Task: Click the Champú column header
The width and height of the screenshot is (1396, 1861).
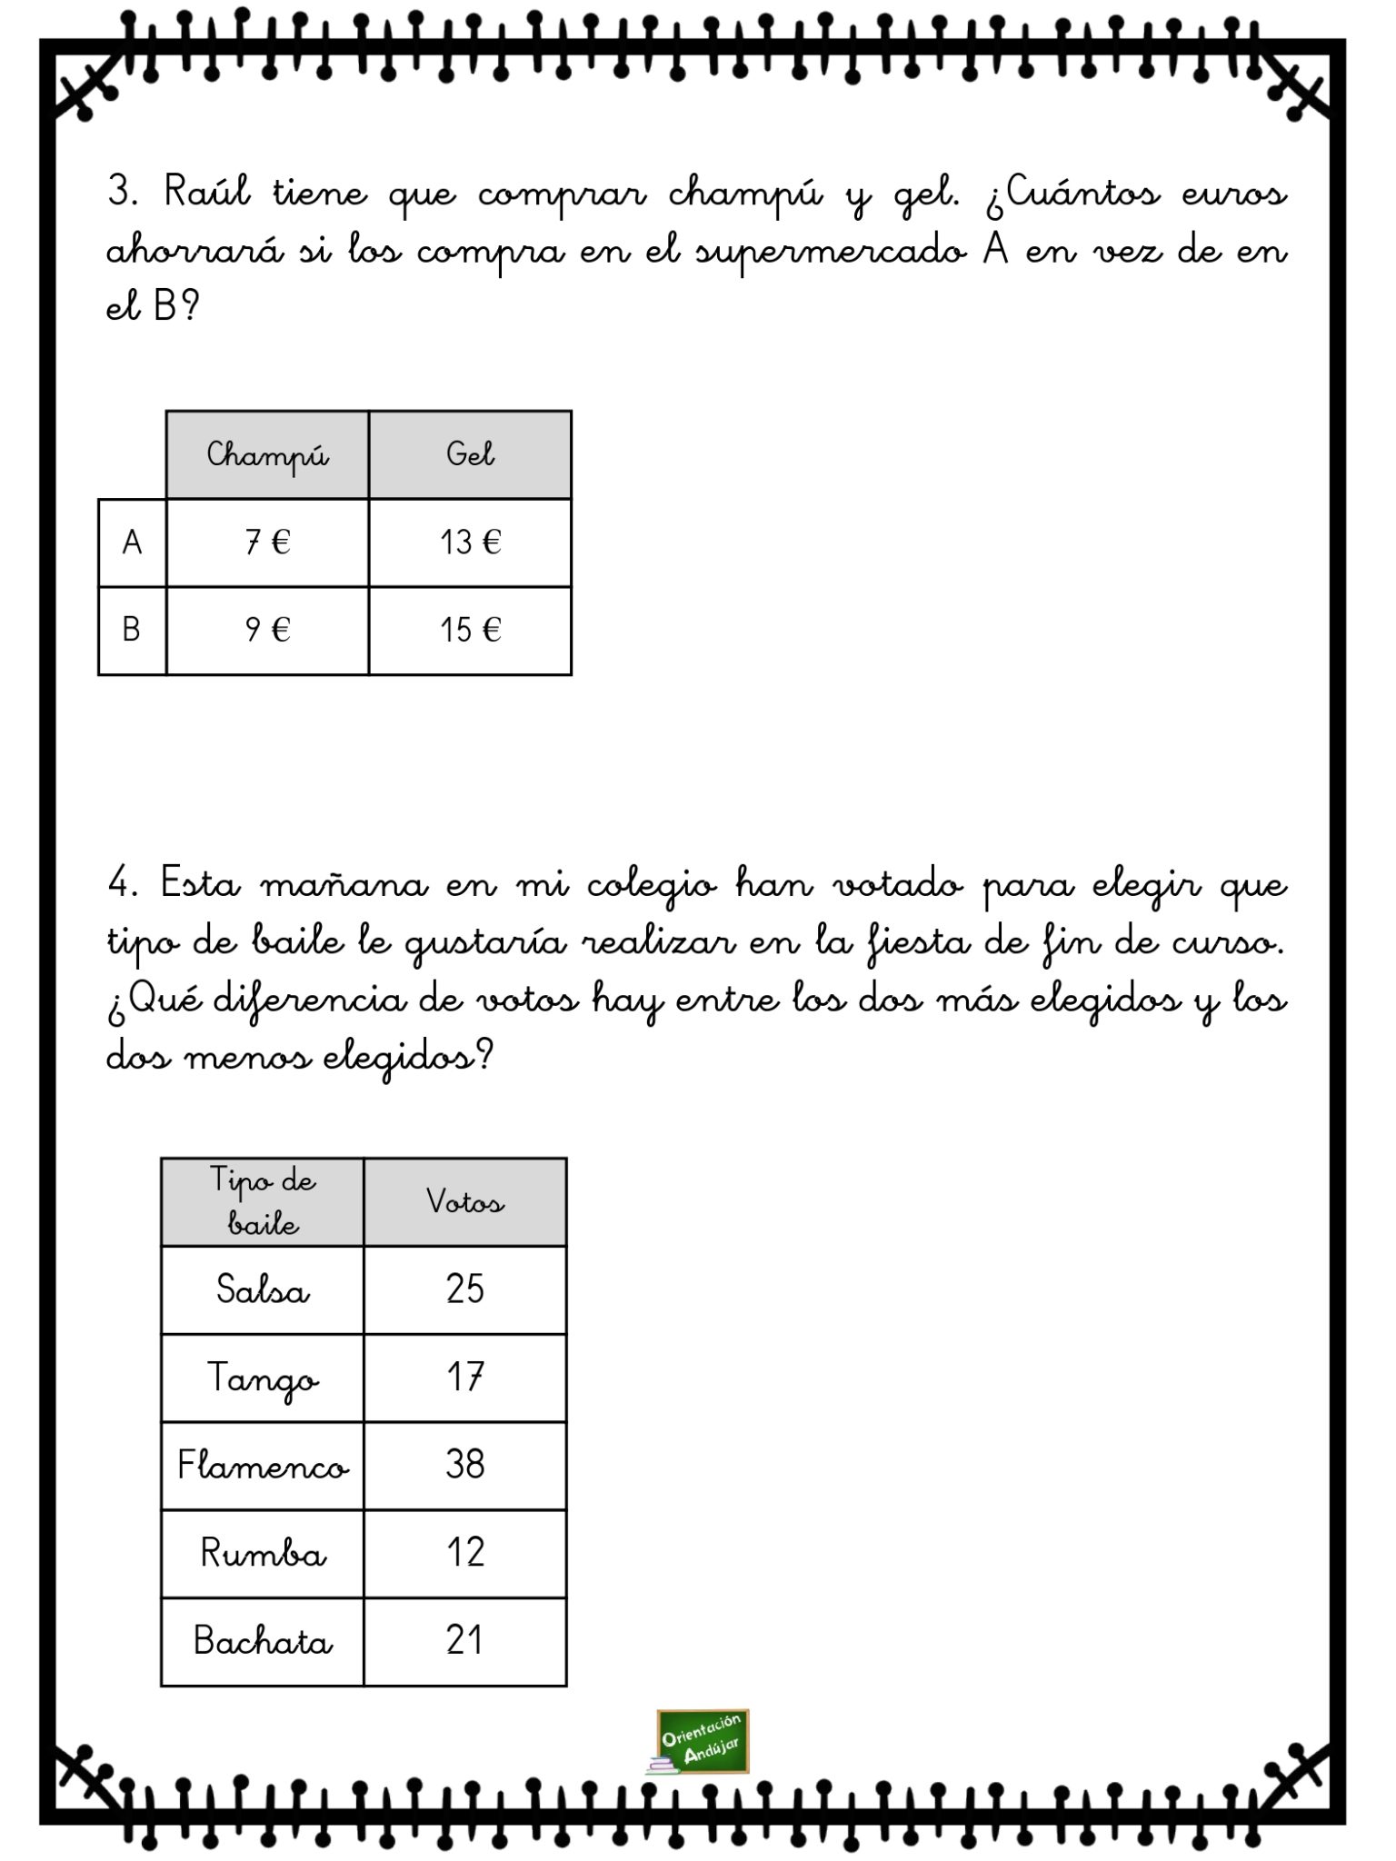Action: click(267, 454)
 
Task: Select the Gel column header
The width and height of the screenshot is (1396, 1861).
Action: click(470, 454)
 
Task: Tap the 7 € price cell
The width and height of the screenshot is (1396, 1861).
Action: click(267, 542)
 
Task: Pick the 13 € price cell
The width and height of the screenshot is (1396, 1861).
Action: click(470, 542)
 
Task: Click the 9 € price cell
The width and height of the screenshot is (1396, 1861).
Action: click(267, 630)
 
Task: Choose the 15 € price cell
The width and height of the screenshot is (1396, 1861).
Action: click(470, 630)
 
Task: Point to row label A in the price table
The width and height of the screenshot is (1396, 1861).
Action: click(132, 542)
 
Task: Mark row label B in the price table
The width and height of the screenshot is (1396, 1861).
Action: click(132, 630)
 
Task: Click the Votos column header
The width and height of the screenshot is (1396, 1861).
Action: click(464, 1202)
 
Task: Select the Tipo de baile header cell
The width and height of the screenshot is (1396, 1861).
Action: click(263, 1202)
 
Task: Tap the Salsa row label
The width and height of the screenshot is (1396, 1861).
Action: click(263, 1289)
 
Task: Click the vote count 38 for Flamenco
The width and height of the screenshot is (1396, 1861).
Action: click(464, 1465)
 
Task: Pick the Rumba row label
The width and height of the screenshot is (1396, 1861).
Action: click(263, 1553)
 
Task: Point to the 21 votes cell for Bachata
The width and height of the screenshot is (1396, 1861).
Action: click(464, 1640)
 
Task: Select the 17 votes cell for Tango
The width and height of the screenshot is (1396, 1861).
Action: click(464, 1378)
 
